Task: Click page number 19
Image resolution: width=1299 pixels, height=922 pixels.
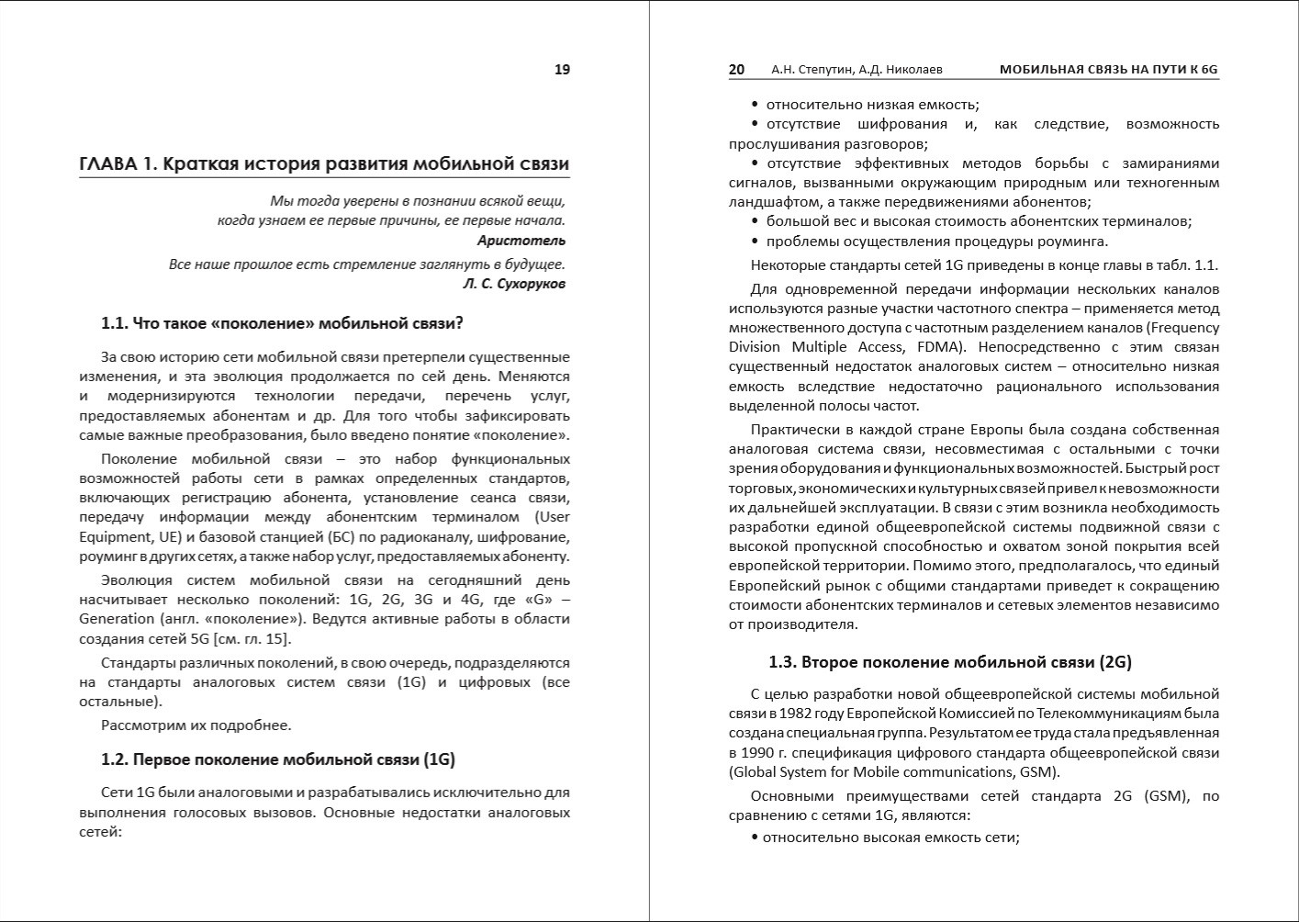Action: [562, 70]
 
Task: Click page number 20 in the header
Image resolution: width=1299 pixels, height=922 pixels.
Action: [736, 70]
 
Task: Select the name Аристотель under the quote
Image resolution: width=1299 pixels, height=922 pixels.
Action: [521, 241]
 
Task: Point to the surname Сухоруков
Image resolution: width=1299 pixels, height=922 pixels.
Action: [530, 284]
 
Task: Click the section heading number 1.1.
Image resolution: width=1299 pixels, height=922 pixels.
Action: [114, 323]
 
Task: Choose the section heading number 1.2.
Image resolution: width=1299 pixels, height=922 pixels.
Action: [114, 759]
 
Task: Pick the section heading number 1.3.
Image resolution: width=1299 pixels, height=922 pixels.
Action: [782, 662]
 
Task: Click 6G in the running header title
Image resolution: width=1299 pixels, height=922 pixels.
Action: [1208, 70]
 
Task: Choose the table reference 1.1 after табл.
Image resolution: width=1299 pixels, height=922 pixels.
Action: [1206, 265]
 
